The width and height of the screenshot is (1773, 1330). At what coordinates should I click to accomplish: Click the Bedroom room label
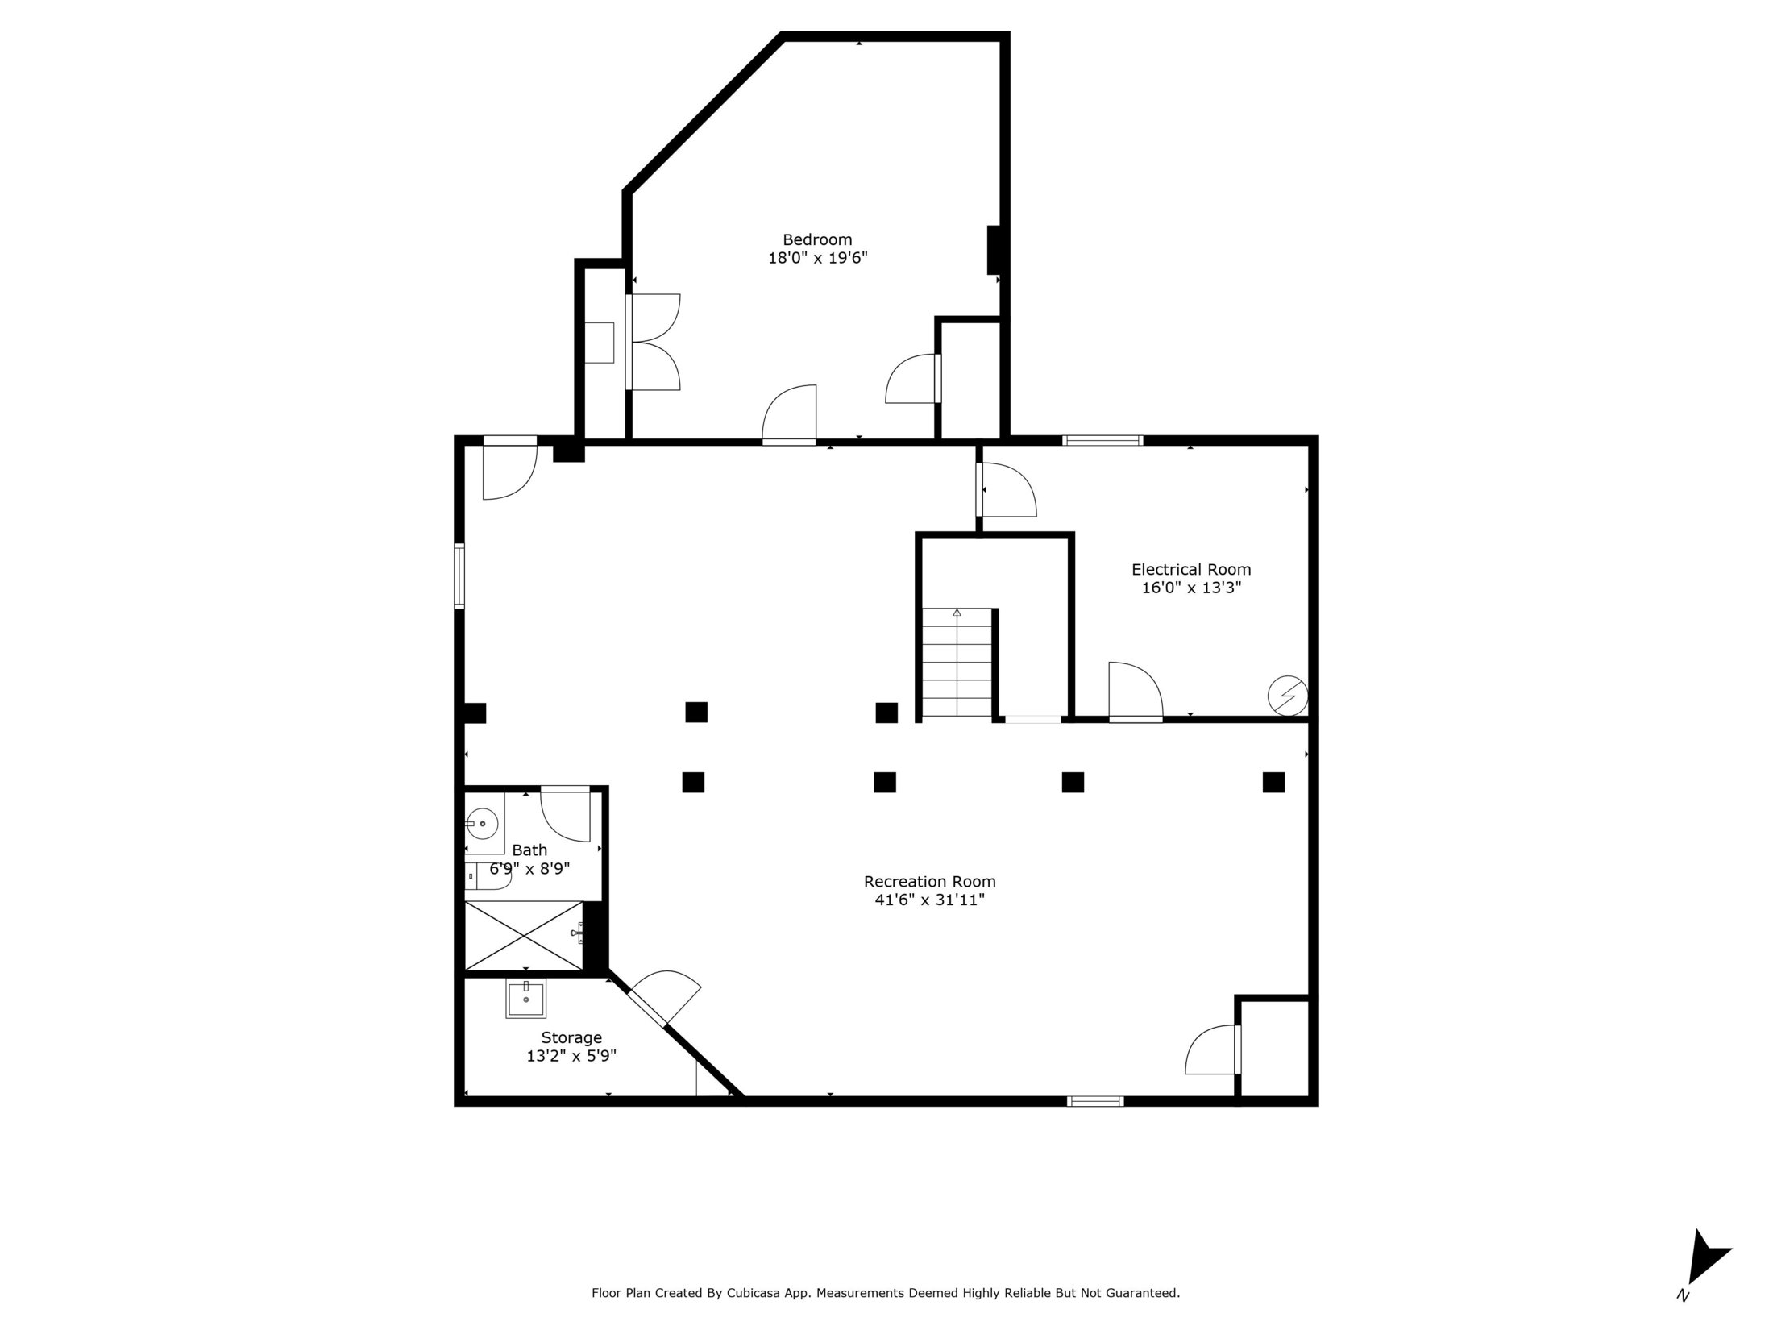point(817,239)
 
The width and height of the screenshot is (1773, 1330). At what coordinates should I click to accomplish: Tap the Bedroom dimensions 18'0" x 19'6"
point(817,258)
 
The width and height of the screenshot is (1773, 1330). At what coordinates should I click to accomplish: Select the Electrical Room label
point(1191,569)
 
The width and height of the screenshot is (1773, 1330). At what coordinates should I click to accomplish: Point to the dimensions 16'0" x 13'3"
point(1191,588)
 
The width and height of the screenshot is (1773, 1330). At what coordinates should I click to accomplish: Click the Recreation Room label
point(930,881)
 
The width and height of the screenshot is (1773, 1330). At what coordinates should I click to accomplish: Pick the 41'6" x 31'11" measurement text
point(930,900)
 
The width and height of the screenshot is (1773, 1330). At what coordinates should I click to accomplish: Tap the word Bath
point(529,850)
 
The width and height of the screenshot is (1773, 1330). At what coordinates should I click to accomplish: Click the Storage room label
point(571,1037)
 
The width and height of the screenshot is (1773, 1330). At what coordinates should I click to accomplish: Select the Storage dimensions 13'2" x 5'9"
point(571,1056)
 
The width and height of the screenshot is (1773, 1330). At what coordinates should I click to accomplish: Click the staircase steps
point(957,663)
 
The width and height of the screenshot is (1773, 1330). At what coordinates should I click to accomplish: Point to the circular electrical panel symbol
point(1287,695)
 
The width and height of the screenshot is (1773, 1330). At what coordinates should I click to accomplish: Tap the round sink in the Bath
point(482,824)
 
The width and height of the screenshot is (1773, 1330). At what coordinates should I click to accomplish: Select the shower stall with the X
point(524,935)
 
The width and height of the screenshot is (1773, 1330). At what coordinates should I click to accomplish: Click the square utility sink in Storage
point(525,999)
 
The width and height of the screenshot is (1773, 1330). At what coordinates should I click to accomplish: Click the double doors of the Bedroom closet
point(654,343)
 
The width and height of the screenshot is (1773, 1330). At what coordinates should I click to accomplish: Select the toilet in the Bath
point(488,876)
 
